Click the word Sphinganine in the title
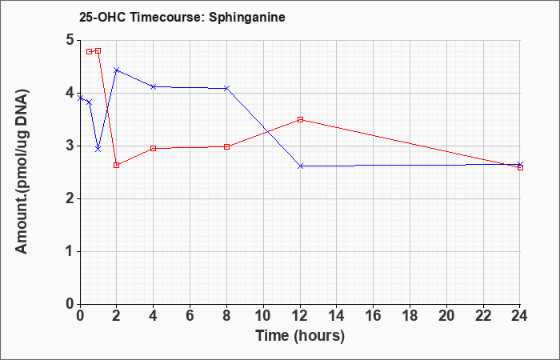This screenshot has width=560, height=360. click(246, 18)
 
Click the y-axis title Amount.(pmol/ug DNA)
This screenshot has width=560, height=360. click(22, 171)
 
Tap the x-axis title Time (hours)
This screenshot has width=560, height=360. click(300, 336)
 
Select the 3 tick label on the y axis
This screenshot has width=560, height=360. click(70, 146)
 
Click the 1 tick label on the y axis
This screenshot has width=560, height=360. click(70, 251)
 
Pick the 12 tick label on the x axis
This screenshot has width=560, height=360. click(300, 316)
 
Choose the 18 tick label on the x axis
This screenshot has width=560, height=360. click(410, 316)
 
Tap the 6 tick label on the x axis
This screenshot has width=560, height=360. click(190, 316)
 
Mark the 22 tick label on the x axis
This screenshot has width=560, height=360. click(483, 316)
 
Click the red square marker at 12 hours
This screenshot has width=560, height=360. click(300, 120)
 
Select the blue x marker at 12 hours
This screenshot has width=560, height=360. click(300, 166)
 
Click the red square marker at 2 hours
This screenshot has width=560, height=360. click(116, 165)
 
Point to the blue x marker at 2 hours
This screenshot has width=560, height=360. click(116, 70)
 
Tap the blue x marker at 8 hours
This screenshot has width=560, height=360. click(226, 88)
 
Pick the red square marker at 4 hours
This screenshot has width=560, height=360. click(154, 148)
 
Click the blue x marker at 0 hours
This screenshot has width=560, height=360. click(80, 98)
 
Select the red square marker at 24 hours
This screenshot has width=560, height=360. click(520, 167)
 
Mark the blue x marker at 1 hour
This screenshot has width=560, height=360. click(98, 149)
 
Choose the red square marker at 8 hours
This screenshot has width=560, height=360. click(226, 146)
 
